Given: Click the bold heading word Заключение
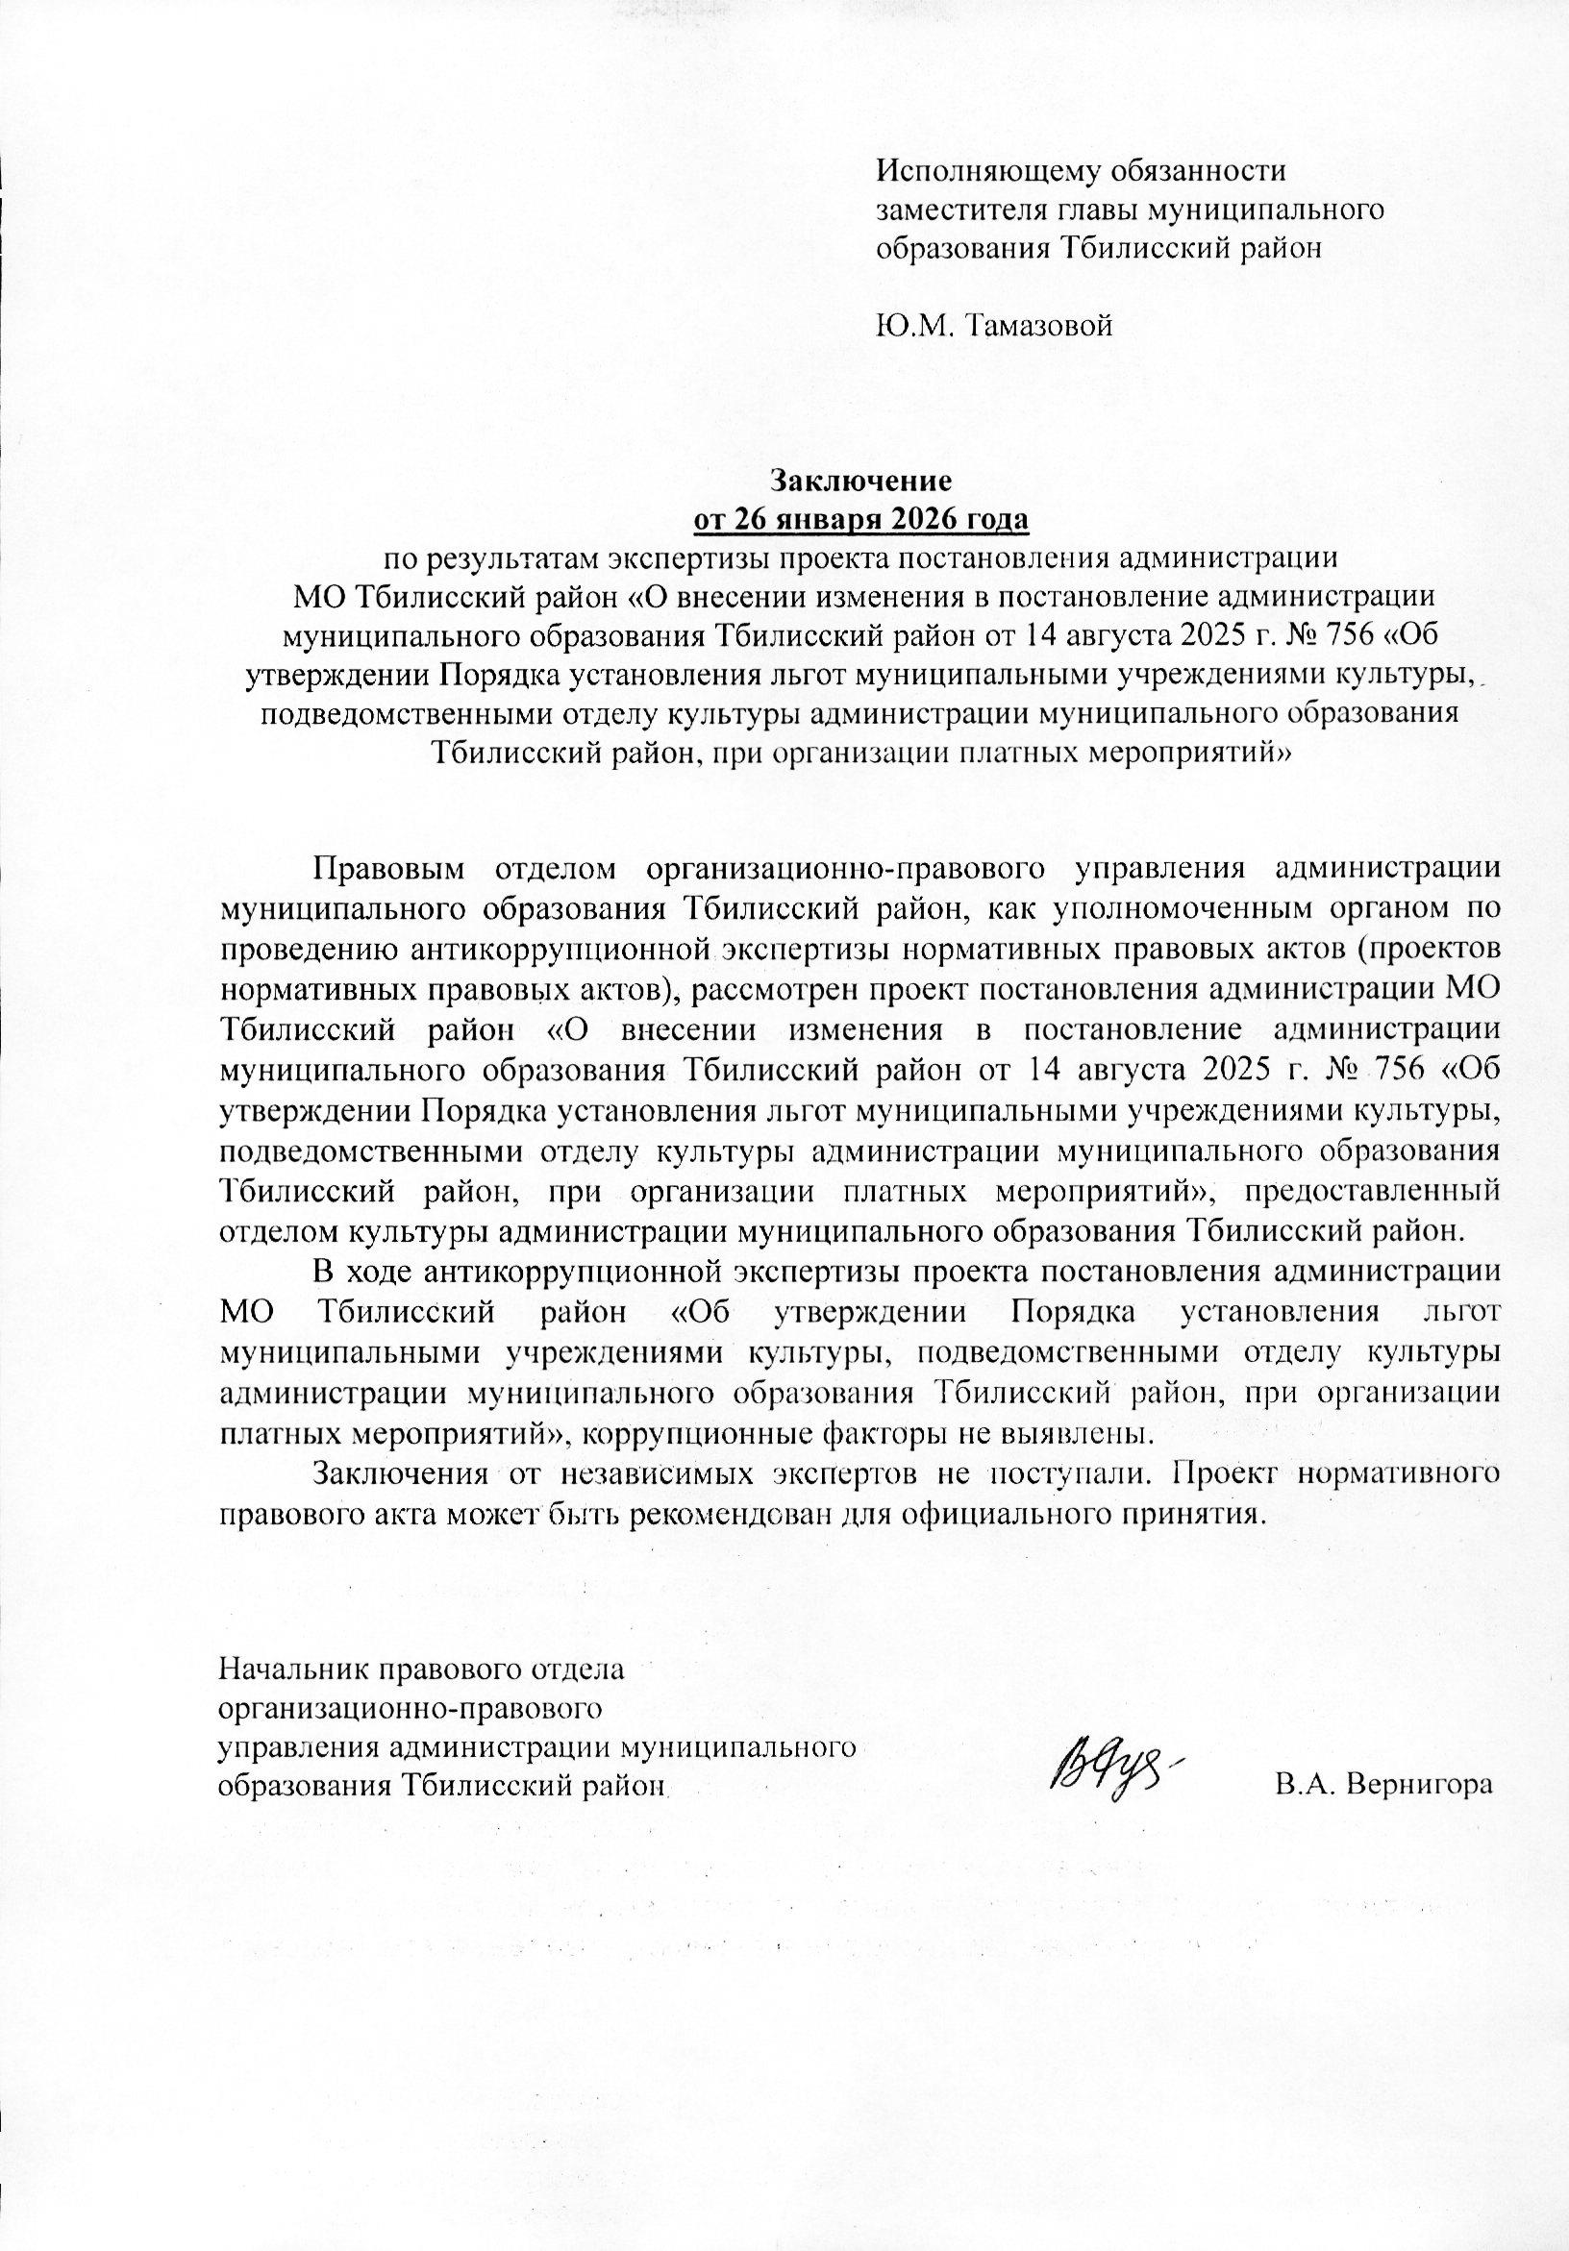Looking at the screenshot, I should point(860,481).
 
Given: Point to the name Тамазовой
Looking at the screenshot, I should point(1042,326).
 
